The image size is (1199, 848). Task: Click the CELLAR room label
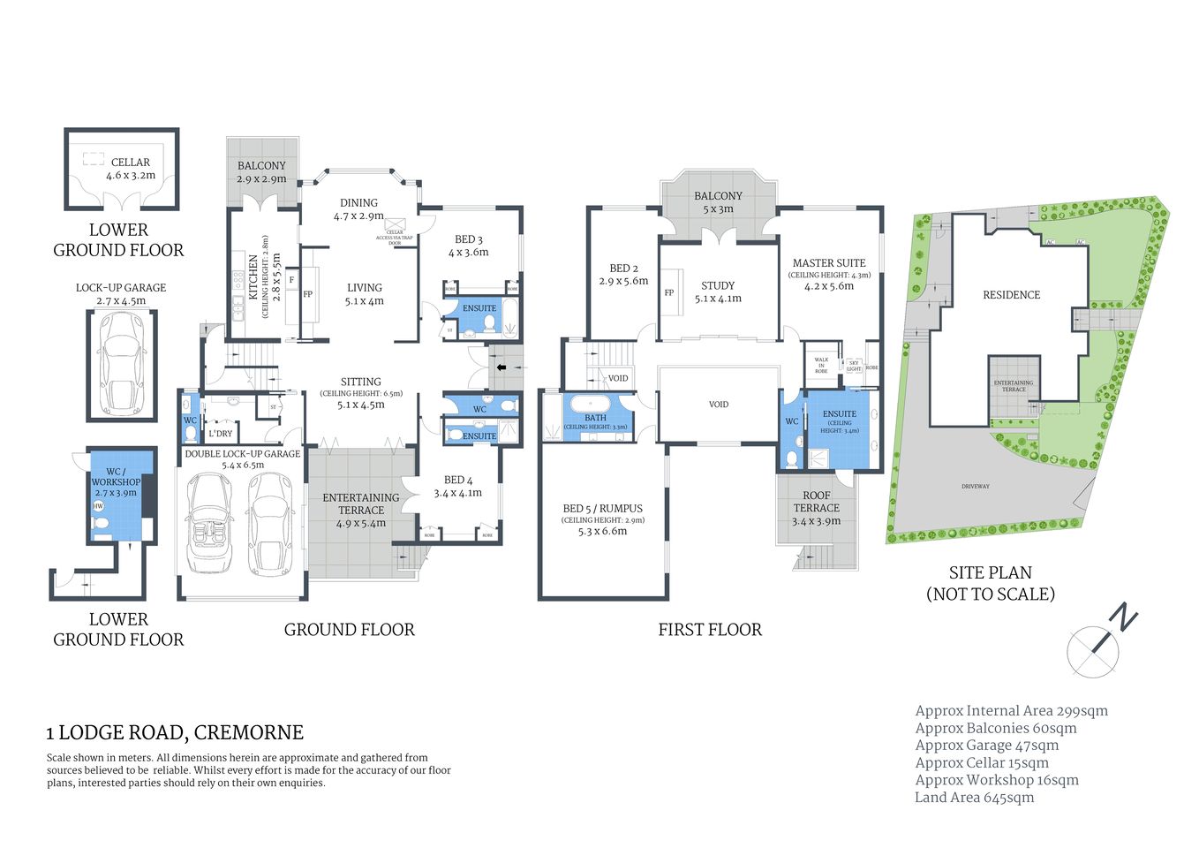point(131,163)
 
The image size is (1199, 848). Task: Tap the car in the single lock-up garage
point(121,362)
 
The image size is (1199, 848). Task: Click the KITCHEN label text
point(253,276)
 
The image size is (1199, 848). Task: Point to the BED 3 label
point(468,239)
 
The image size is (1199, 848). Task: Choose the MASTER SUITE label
point(828,263)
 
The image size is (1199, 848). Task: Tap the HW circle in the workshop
point(98,506)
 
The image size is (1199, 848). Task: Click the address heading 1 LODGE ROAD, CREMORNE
point(175,732)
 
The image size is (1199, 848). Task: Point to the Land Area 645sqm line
point(974,798)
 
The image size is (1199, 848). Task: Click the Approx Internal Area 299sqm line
point(1011,711)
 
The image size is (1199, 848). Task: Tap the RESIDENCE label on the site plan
point(1011,295)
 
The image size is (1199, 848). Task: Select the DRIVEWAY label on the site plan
point(976,487)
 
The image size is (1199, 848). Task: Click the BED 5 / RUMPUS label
point(602,509)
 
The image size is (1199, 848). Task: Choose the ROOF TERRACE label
point(816,502)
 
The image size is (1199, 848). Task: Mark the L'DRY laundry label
point(221,434)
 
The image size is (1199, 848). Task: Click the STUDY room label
point(717,286)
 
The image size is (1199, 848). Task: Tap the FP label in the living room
point(308,294)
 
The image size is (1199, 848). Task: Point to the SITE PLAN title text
point(990,573)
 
